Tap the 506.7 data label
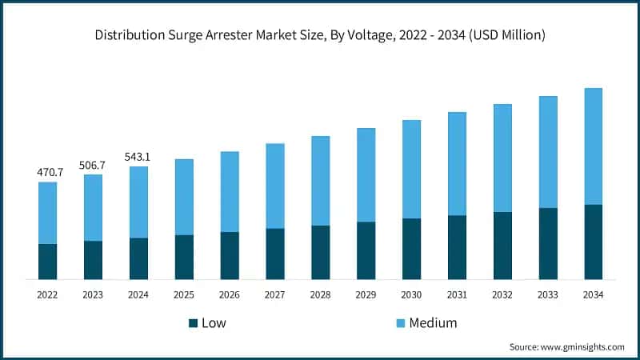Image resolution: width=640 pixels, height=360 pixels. (x=93, y=165)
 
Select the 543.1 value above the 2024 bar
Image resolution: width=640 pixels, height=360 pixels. (x=138, y=157)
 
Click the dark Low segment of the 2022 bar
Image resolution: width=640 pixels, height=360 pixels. (x=47, y=262)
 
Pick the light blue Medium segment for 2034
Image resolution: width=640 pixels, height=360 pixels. (x=594, y=146)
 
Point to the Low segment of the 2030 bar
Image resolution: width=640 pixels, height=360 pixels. (x=411, y=249)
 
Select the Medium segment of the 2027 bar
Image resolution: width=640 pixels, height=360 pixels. (x=275, y=186)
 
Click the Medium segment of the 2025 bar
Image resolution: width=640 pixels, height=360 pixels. (x=184, y=197)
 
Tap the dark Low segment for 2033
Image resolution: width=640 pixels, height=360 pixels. (x=548, y=244)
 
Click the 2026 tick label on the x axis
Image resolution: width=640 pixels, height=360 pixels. (x=230, y=295)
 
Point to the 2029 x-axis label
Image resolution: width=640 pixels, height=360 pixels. (x=366, y=295)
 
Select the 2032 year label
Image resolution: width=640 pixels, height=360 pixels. (x=502, y=295)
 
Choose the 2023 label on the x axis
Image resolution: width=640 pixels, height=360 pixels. (x=93, y=295)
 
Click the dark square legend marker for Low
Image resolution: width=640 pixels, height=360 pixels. (x=193, y=323)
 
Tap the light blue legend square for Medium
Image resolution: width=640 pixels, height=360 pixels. (x=400, y=323)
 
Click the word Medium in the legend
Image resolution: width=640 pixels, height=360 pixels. (x=433, y=323)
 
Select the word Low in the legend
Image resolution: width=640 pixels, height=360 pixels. (x=214, y=323)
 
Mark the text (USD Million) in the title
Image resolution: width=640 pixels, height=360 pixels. (x=506, y=34)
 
